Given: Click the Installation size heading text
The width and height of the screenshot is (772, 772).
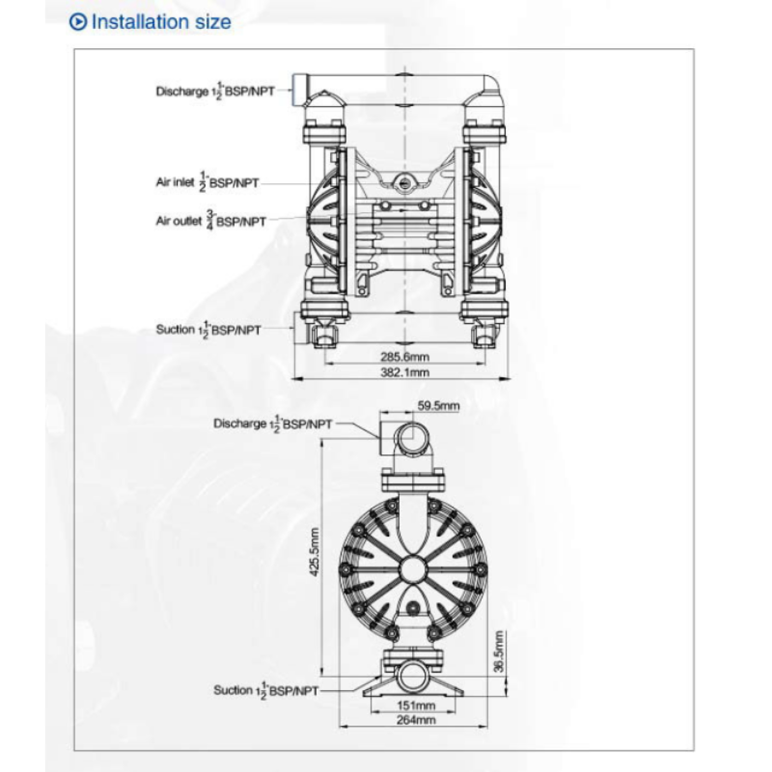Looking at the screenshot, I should (x=161, y=22).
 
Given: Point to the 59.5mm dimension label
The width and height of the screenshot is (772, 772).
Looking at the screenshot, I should (x=436, y=406).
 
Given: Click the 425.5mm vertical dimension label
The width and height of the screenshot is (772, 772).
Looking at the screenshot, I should (x=315, y=557).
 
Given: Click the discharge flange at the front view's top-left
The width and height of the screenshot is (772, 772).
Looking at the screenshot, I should (x=301, y=92).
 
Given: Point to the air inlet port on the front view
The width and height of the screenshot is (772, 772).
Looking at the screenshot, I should (x=405, y=181).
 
